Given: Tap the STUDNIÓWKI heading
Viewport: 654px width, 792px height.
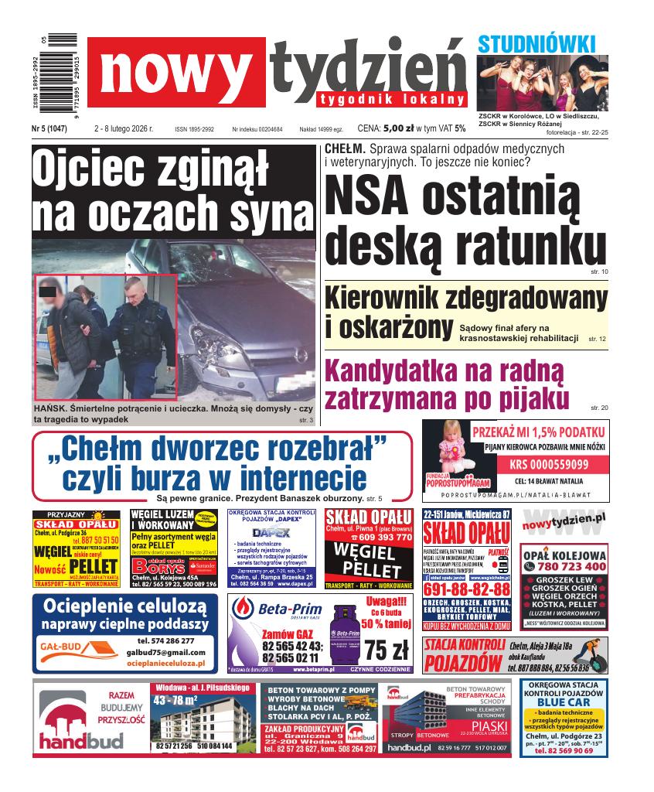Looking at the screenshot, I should [536, 44].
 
